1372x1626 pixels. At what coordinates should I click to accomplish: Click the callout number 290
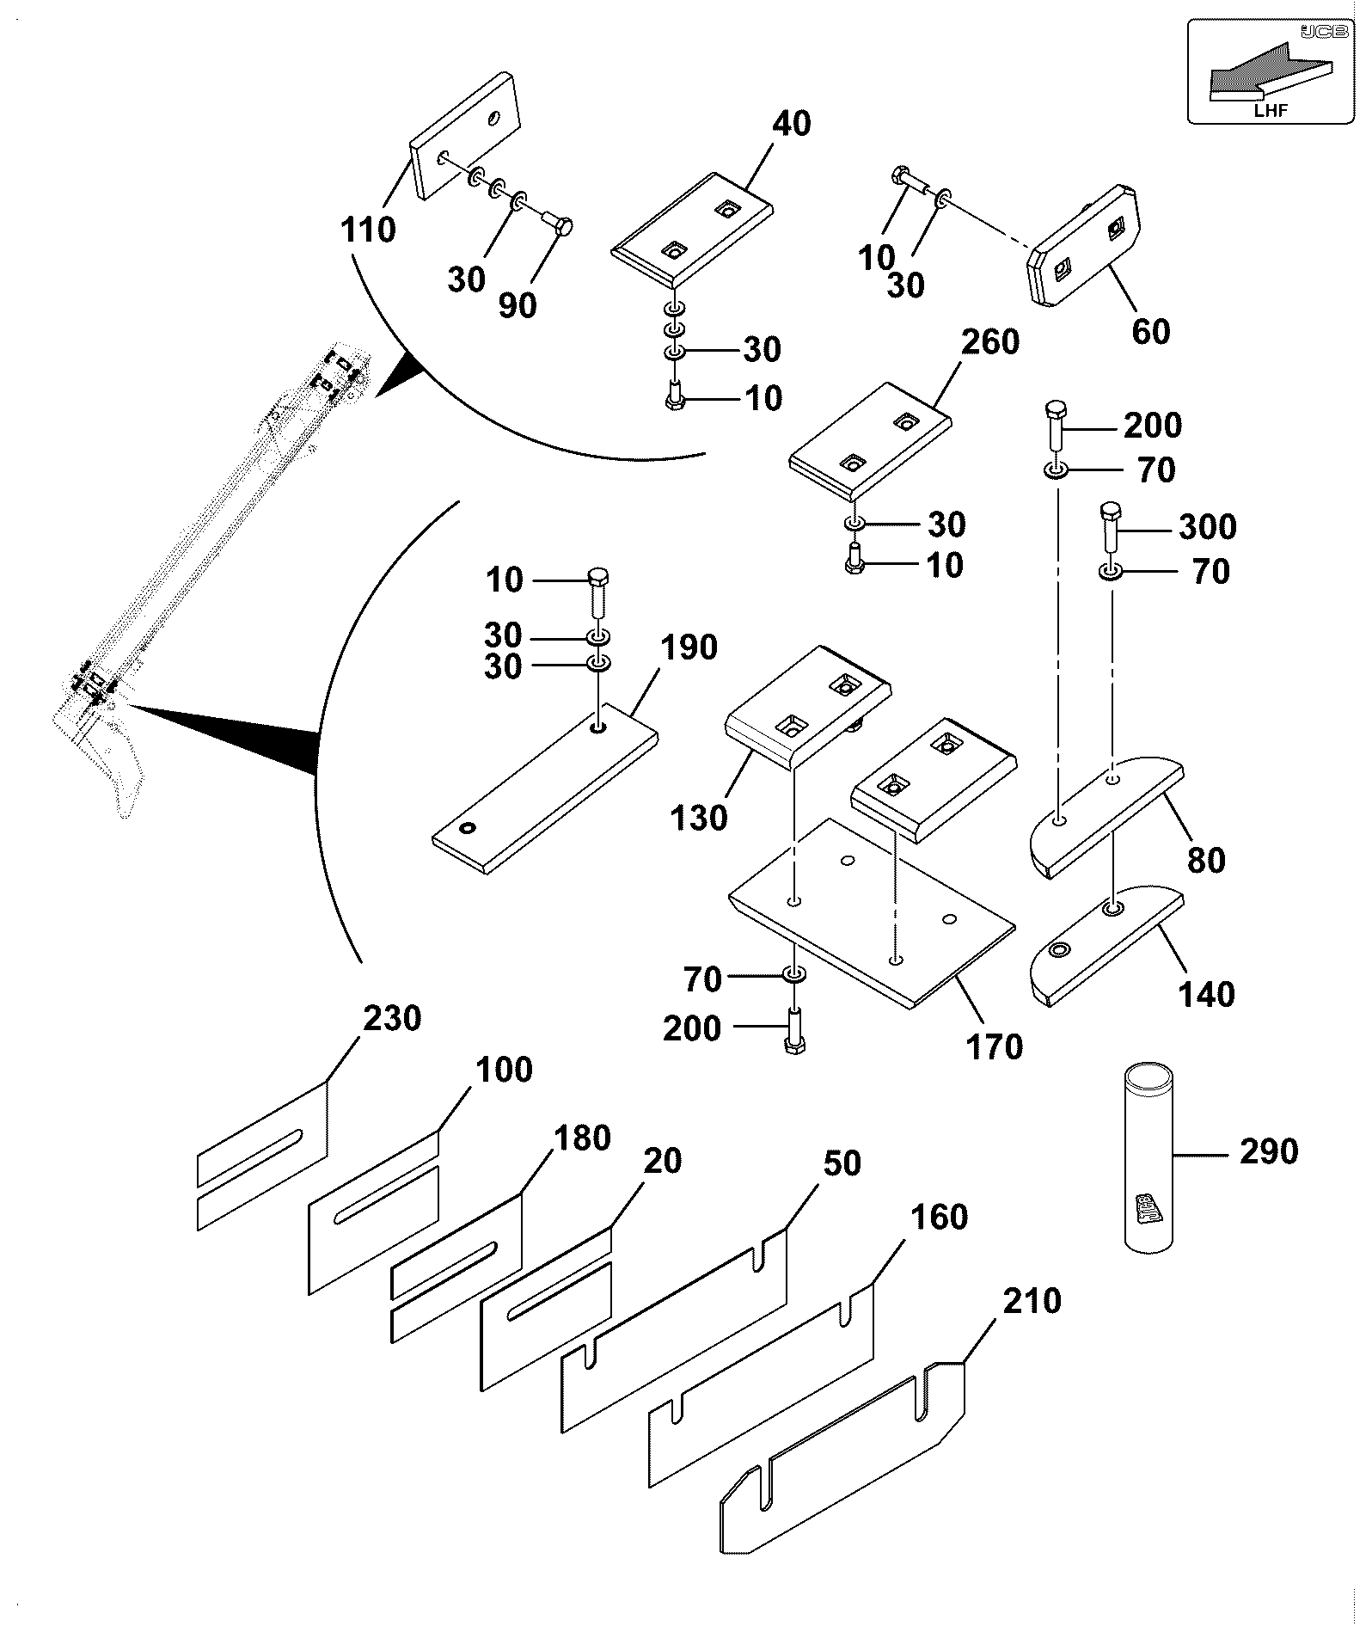(x=1269, y=1151)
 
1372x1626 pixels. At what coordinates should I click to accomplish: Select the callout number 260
(x=990, y=341)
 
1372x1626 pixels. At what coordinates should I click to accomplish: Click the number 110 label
(x=368, y=230)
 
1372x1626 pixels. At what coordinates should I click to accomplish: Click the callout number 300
(x=1207, y=526)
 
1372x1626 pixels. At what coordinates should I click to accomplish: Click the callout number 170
(x=995, y=1046)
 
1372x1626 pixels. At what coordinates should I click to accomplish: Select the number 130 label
(x=700, y=817)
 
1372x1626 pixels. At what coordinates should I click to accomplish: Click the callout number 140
(x=1207, y=994)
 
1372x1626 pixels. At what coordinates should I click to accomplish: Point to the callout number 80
(x=1205, y=860)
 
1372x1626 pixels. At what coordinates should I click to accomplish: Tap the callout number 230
(x=392, y=1018)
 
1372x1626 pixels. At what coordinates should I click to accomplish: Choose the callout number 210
(x=1032, y=1301)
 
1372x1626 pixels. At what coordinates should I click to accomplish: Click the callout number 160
(x=939, y=1217)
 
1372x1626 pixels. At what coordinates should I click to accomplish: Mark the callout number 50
(x=842, y=1163)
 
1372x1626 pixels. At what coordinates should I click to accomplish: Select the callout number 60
(x=1151, y=331)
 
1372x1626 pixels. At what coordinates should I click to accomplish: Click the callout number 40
(x=791, y=124)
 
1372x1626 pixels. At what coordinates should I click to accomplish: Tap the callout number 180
(x=582, y=1138)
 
